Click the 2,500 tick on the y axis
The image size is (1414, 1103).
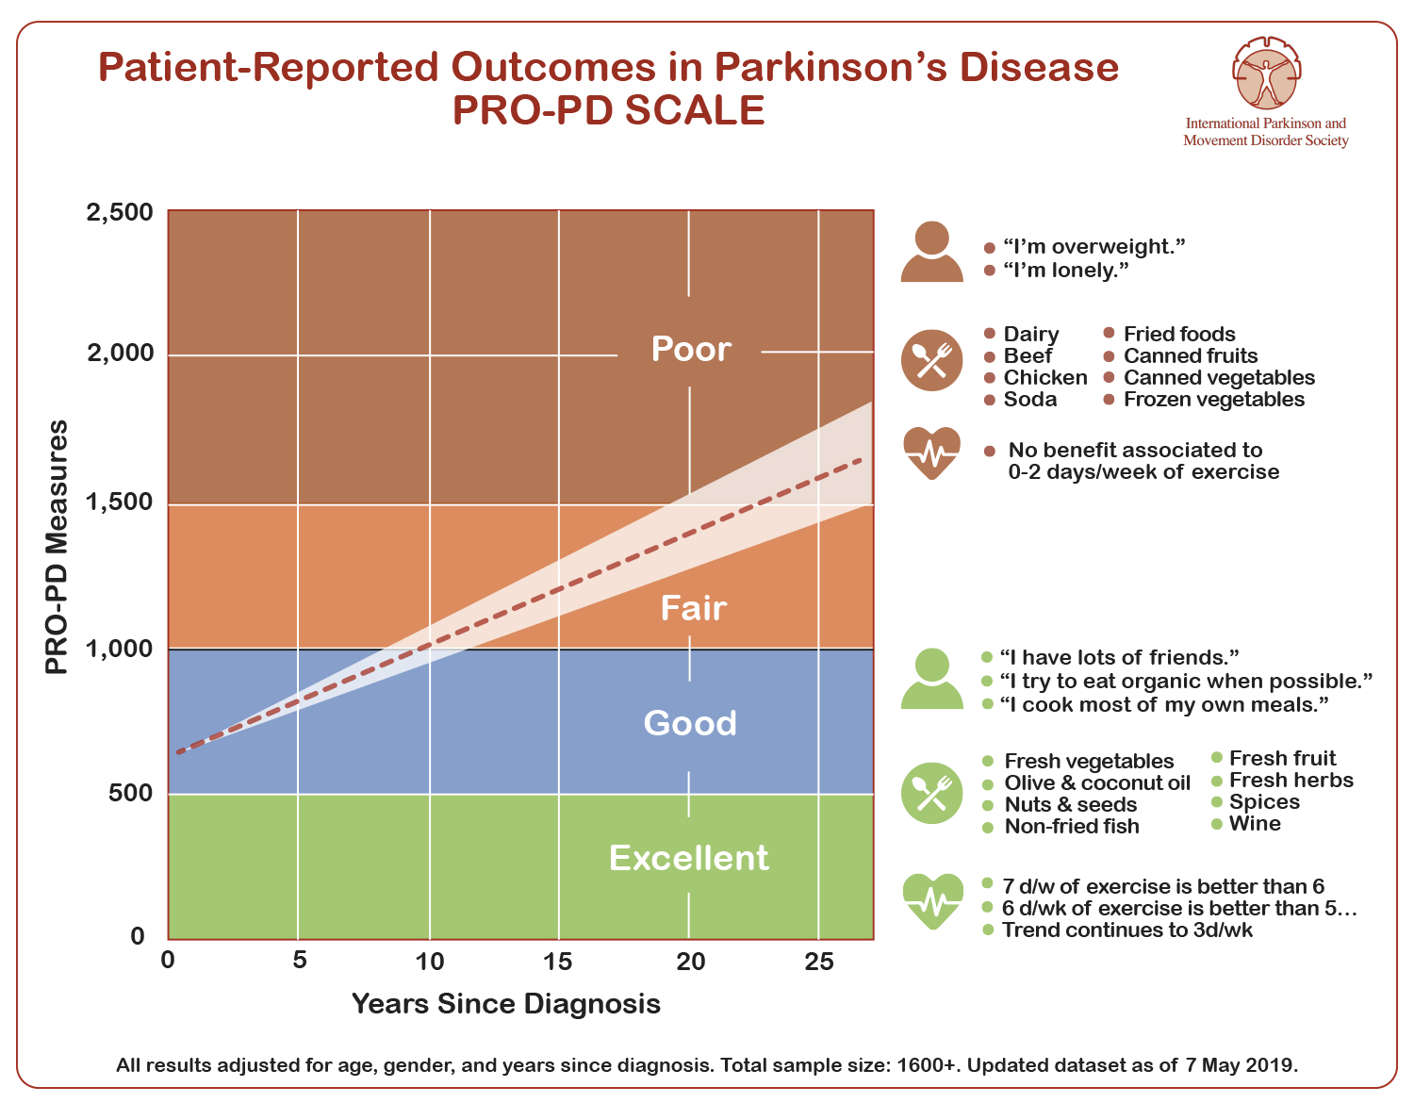[120, 212]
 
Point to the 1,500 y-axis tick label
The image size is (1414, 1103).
[120, 502]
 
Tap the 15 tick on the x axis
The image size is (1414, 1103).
[558, 962]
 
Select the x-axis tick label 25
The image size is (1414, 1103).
[818, 962]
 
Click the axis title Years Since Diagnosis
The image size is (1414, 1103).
[505, 1003]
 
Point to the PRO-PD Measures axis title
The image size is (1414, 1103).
[57, 547]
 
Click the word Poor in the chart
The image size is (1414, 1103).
[691, 349]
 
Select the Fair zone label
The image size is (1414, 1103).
[694, 608]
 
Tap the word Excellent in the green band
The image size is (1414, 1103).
[688, 858]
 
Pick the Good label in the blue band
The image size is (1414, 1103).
[690, 722]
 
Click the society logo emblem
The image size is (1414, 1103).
[1266, 73]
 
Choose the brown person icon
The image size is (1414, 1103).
[931, 251]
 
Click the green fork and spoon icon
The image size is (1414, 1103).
[931, 793]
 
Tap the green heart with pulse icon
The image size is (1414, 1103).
[932, 900]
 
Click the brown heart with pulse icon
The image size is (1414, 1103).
[931, 453]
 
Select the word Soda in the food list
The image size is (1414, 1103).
[1030, 399]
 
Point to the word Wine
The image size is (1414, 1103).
[1255, 823]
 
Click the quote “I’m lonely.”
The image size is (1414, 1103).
[1065, 270]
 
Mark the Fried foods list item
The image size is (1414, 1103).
[1179, 334]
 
